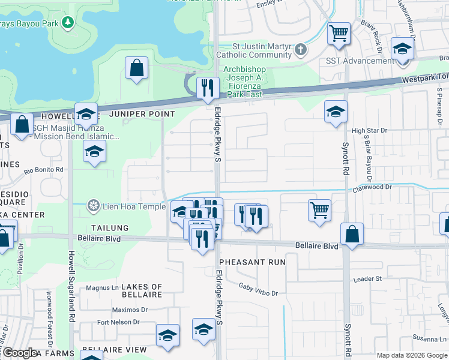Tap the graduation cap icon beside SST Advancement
pos(402,49)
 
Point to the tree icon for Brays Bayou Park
pos(68,22)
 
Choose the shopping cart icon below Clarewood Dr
pos(320,211)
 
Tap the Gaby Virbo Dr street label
pos(258,290)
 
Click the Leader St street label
pos(367,279)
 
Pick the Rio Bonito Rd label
pos(43,171)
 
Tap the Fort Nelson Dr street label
pos(118,322)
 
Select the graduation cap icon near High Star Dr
pos(336,111)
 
